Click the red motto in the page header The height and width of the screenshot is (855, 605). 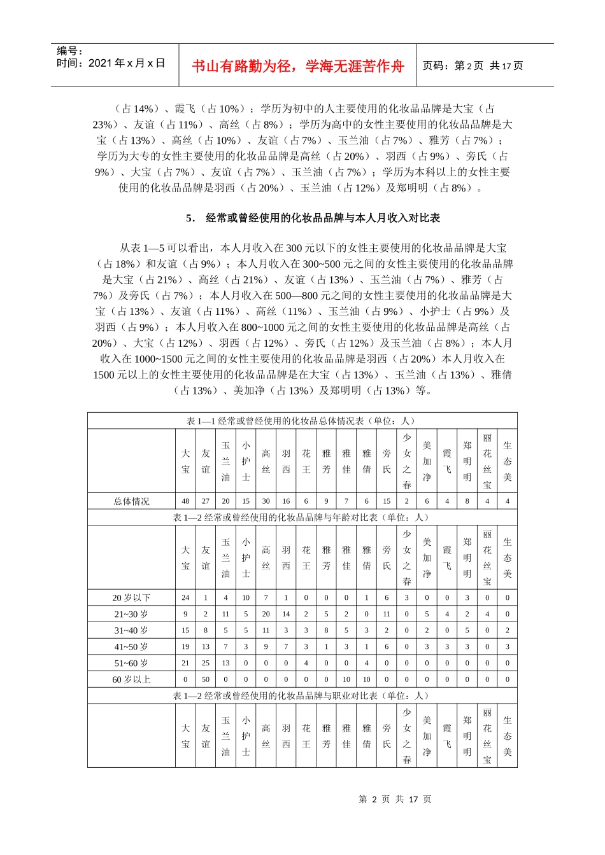297,66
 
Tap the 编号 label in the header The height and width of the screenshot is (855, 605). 70,51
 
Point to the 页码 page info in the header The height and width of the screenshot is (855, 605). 473,66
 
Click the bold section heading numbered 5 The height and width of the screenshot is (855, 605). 313,218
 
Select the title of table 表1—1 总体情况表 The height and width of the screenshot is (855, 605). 302,421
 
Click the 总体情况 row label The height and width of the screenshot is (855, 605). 131,501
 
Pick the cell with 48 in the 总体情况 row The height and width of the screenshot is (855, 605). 185,501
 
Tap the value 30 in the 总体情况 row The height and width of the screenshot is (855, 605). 266,501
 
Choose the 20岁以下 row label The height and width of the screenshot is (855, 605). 131,598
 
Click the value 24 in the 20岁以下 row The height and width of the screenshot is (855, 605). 185,598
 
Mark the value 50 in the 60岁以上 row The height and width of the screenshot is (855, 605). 206,679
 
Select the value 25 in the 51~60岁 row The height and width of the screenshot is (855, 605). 206,663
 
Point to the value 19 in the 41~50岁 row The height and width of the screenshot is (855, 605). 185,647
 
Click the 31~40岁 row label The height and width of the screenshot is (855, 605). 131,630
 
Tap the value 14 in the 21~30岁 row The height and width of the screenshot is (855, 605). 286,615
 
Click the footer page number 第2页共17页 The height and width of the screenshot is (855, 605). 395,799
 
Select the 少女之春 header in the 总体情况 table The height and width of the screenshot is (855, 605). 407,461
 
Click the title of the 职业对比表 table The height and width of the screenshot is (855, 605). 302,696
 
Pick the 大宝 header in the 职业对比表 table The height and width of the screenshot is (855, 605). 185,736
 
